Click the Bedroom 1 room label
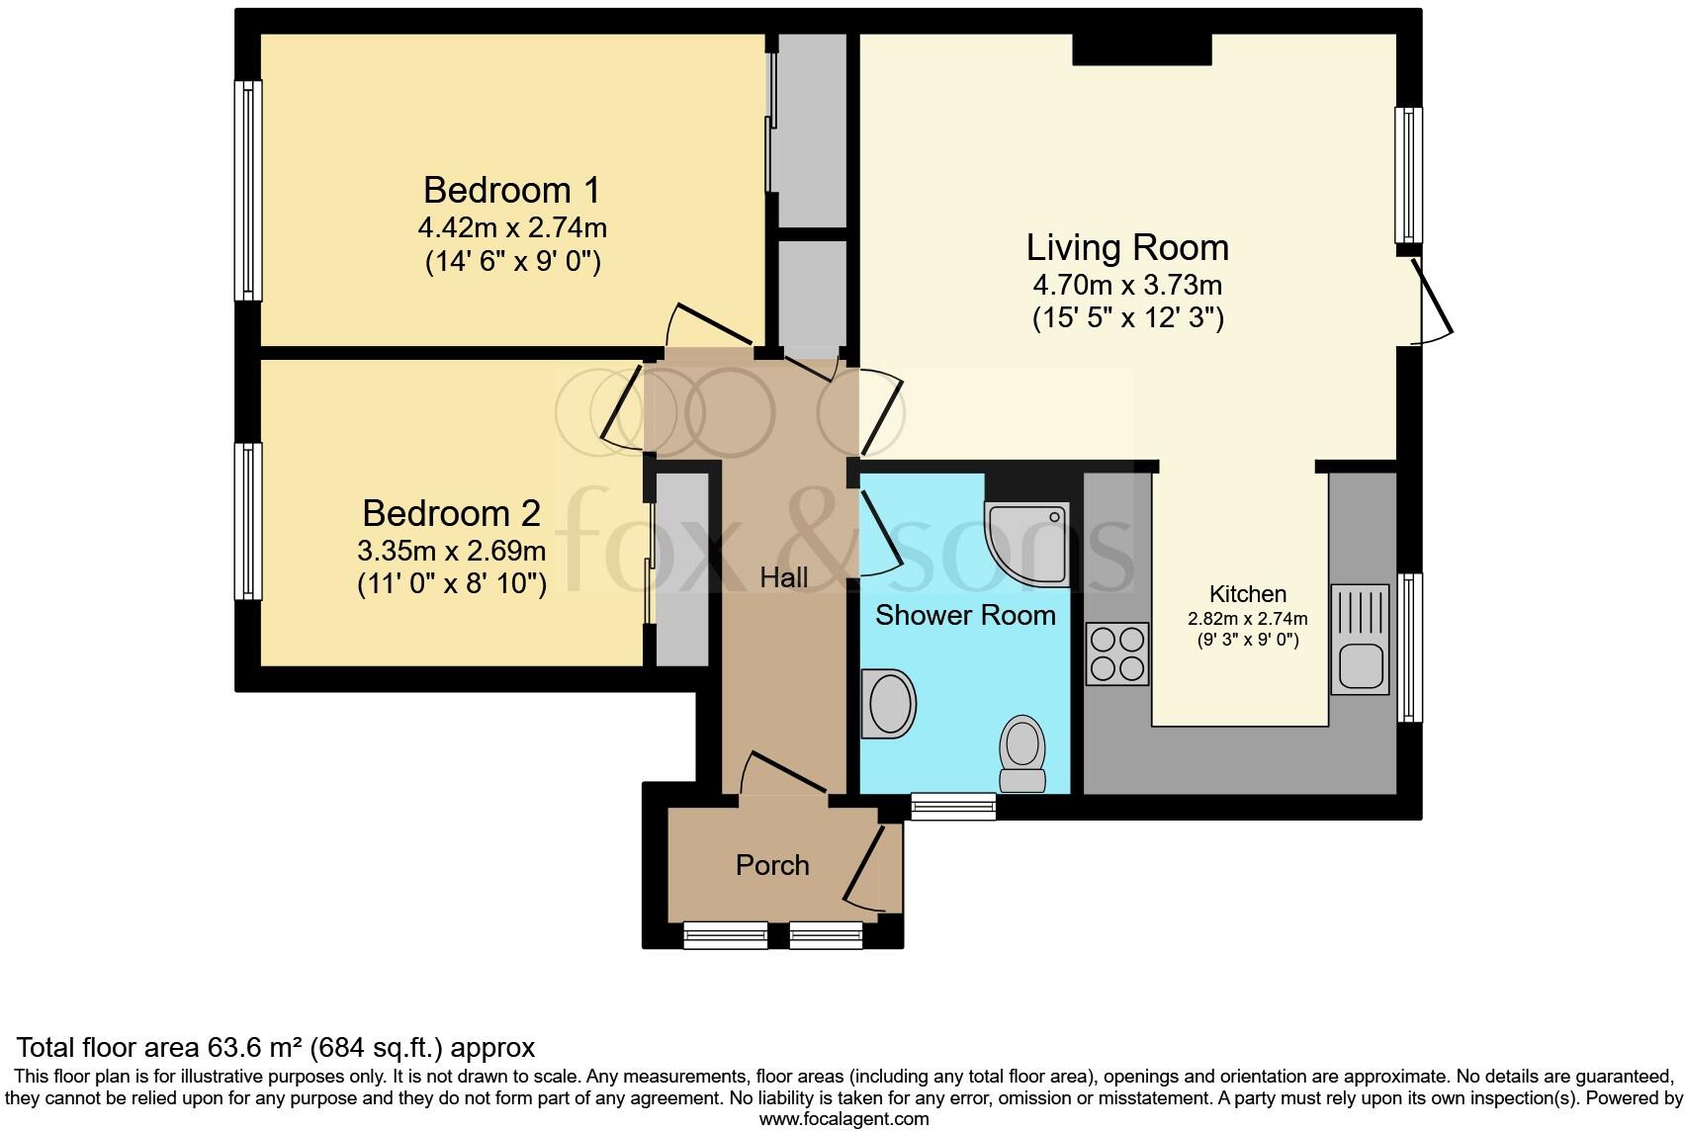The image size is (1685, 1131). tap(511, 190)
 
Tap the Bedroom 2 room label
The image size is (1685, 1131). tap(451, 514)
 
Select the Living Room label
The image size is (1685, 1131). tap(1127, 247)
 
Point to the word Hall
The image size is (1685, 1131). tap(784, 577)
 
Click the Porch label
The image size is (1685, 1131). tap(772, 865)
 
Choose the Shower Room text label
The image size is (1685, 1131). tap(965, 615)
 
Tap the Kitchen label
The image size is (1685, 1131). tap(1247, 594)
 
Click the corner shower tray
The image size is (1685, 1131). tap(1026, 545)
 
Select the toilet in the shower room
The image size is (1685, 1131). tap(1022, 753)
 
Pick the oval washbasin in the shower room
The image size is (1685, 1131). tap(888, 704)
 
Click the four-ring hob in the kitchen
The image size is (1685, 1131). tap(1117, 653)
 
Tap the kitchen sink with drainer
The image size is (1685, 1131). tap(1360, 640)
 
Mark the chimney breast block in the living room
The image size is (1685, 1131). tap(1142, 49)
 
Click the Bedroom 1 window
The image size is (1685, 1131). tap(248, 191)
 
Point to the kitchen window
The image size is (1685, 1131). tap(1410, 648)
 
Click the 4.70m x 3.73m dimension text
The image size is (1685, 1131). tap(1127, 285)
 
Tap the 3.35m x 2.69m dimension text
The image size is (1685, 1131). tap(451, 552)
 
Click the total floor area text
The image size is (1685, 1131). tap(276, 1048)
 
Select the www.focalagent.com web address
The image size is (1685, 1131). tap(844, 1119)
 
